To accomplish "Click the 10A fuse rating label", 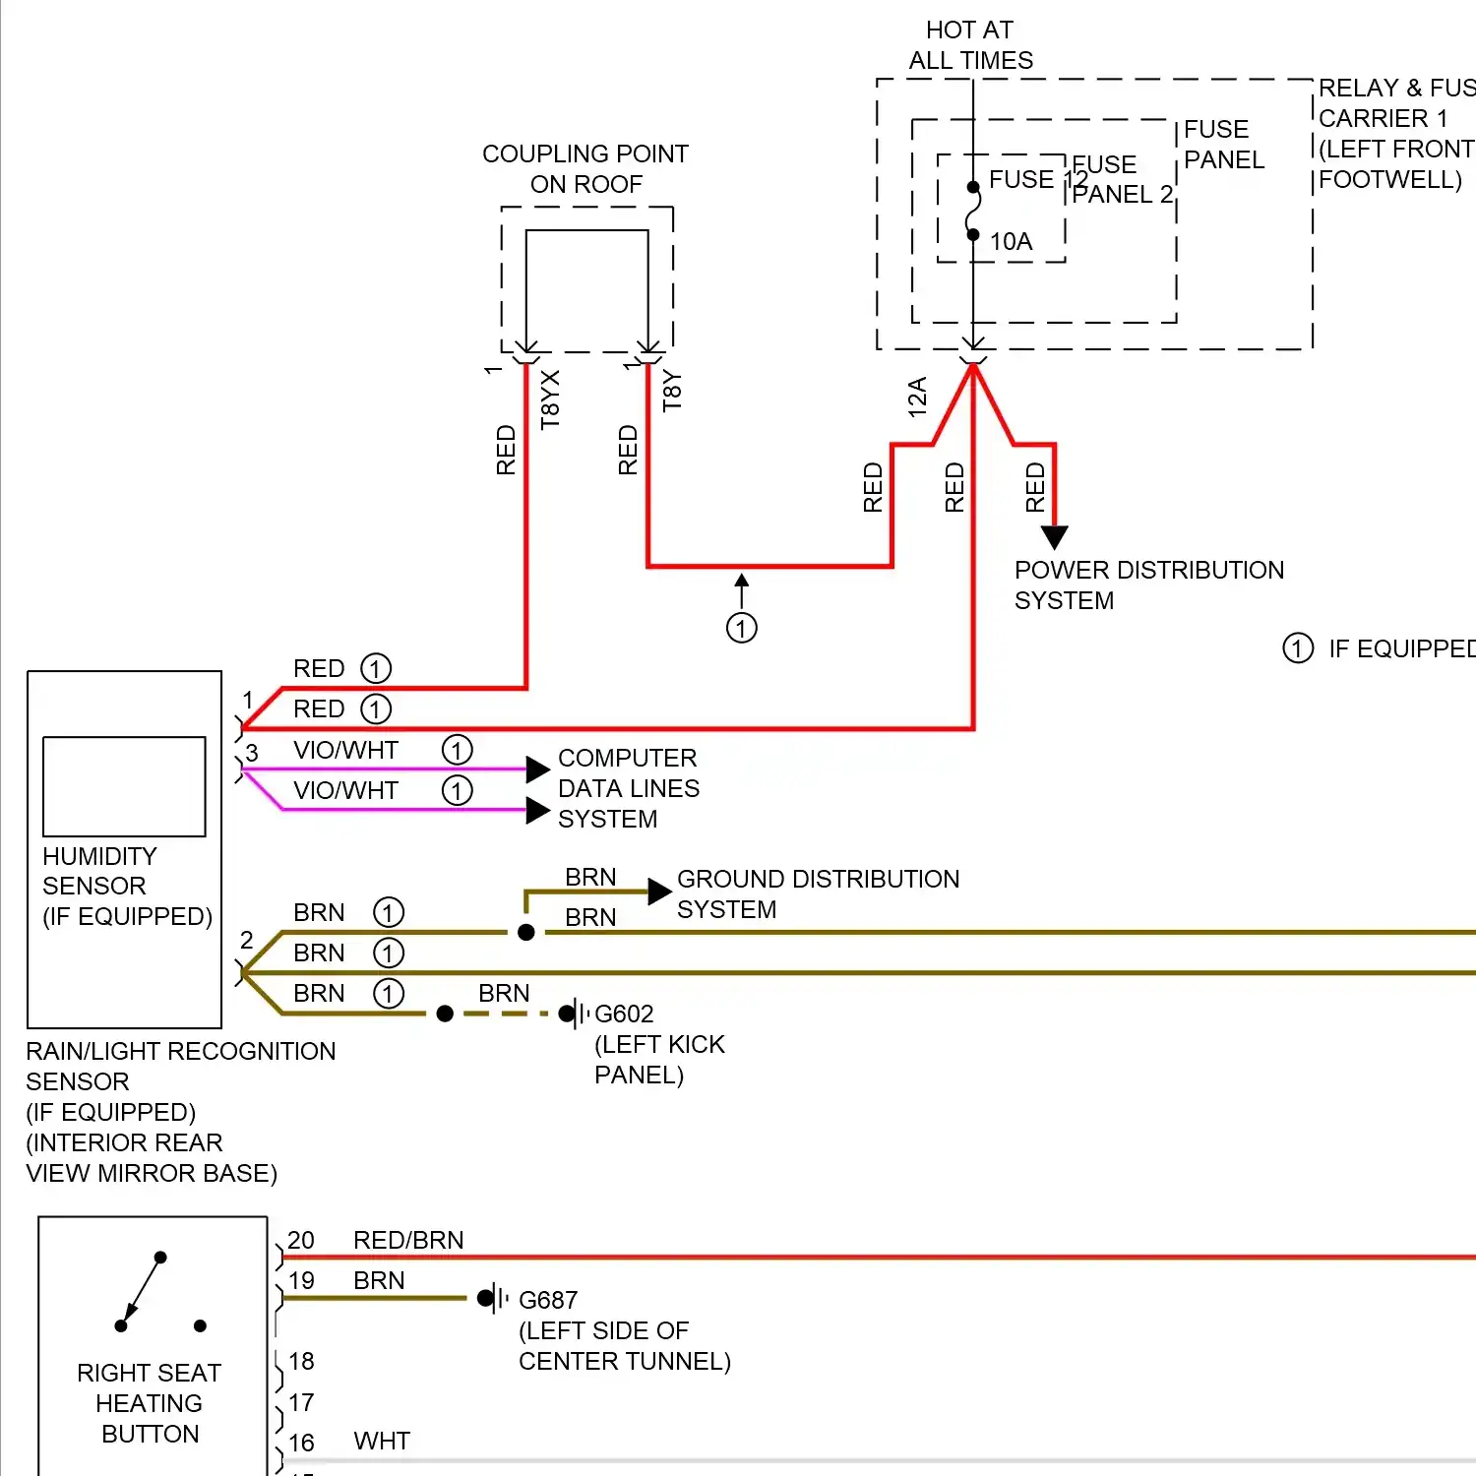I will [1011, 242].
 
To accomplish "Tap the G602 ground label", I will [624, 1014].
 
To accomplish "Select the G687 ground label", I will [548, 1300].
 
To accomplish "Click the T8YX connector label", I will [550, 399].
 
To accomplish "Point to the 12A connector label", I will [917, 397].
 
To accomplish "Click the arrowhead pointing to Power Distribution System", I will [1054, 536].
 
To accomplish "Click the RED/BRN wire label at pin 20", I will [408, 1240].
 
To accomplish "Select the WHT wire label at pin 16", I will [382, 1442].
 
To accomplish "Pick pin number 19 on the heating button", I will [301, 1280].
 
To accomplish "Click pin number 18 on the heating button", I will [301, 1361].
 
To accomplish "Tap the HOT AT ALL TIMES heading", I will [970, 45].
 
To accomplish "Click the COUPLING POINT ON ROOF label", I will [585, 168].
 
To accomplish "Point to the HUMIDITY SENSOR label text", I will [98, 871].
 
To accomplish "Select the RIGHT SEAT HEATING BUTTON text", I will [150, 1403].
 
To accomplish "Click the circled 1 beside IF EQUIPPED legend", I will [1298, 648].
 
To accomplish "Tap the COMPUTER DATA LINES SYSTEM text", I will [628, 788].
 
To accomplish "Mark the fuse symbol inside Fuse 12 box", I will [973, 212].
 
